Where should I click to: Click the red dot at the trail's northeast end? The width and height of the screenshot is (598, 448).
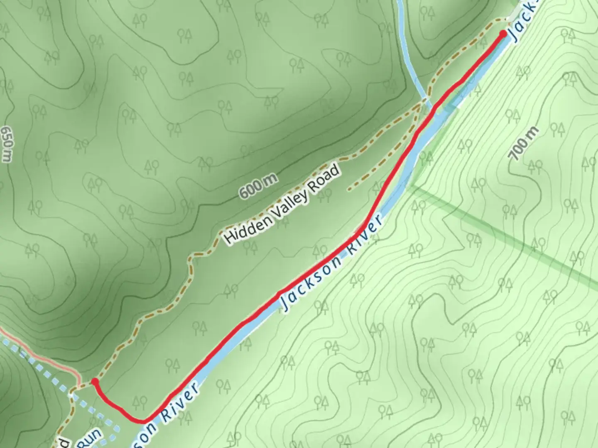pos(503,34)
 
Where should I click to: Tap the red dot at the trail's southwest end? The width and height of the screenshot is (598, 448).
pos(95,381)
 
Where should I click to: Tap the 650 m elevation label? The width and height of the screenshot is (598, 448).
pos(7,144)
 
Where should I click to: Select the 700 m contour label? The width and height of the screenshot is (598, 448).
pos(523,143)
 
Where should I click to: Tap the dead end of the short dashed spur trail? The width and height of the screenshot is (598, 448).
pos(349,190)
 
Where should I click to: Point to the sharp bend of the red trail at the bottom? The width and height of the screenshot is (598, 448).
pos(143,421)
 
